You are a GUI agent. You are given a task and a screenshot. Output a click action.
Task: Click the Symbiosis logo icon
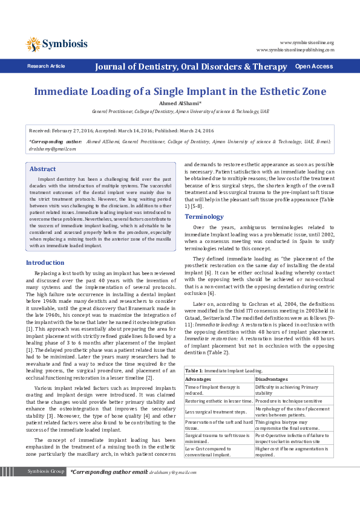click(33, 44)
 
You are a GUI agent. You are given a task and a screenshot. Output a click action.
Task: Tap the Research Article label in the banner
click(46, 66)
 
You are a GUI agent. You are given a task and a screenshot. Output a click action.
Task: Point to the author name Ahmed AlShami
click(179, 103)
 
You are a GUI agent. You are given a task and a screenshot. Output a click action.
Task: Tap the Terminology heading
click(204, 216)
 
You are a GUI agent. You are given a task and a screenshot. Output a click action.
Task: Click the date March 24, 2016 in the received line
click(194, 131)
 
